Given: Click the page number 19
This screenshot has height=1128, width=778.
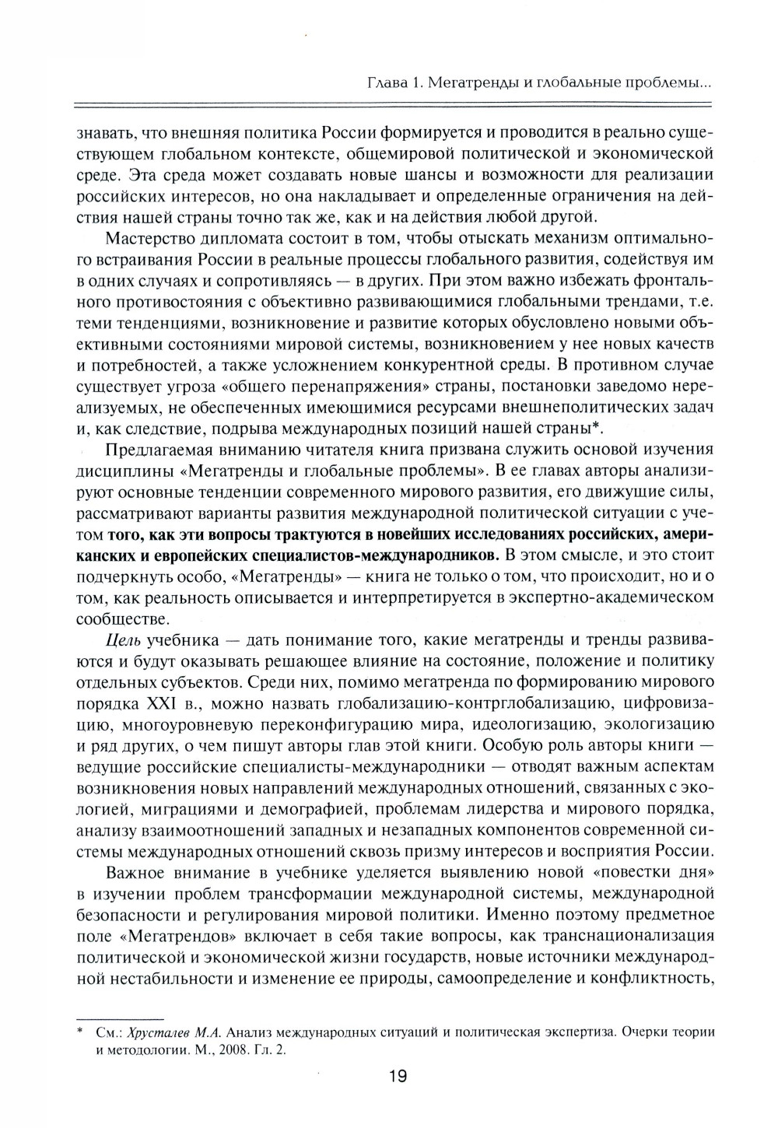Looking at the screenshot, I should pos(397,1077).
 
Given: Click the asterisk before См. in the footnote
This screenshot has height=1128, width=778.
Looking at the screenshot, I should pos(80,1032).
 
